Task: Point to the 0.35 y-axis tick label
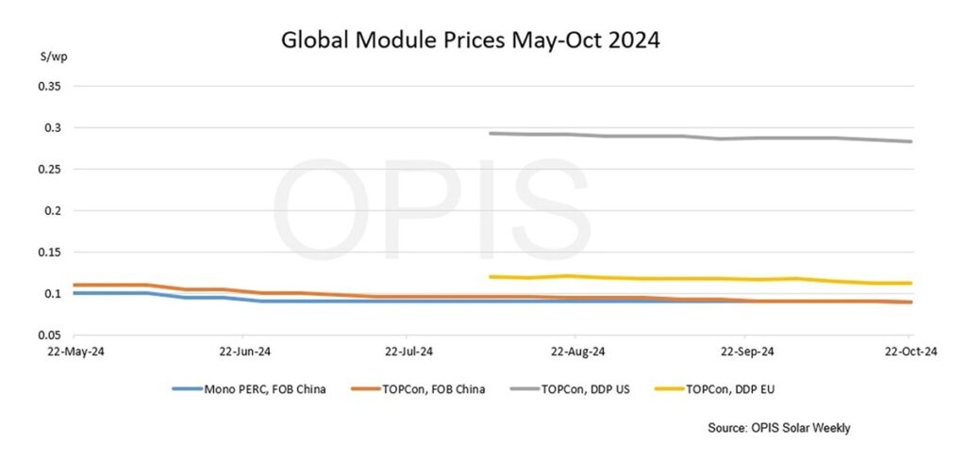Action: (x=47, y=86)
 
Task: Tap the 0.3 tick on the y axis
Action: (x=51, y=127)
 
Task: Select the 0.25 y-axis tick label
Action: (x=47, y=169)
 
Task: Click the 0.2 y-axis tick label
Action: (x=51, y=210)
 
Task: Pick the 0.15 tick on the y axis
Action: (x=47, y=252)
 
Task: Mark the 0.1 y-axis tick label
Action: (x=51, y=293)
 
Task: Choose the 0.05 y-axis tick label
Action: (x=47, y=335)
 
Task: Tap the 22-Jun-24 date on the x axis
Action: (x=242, y=352)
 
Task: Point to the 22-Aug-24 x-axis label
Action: (x=576, y=352)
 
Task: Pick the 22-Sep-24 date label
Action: (x=745, y=352)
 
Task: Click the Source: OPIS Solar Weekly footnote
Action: (x=779, y=428)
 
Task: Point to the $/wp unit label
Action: (x=46, y=57)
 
